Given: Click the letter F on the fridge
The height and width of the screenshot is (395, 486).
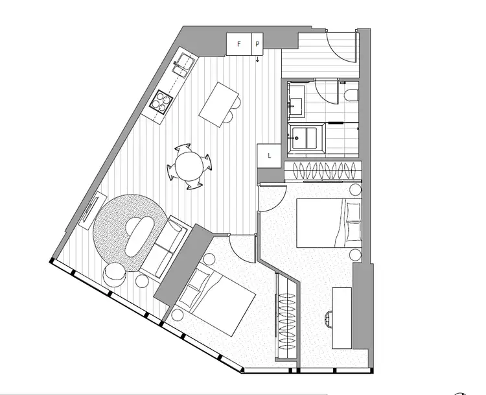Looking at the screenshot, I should point(238,44).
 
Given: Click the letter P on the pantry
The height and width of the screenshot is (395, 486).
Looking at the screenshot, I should point(257,44).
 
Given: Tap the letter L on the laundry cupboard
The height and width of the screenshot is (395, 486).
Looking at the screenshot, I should point(268,156).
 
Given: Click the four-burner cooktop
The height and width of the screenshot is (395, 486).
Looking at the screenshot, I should point(161,101).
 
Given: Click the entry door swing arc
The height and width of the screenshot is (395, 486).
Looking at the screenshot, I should point(340,45).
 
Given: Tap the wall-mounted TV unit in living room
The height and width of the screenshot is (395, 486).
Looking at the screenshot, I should point(89,209).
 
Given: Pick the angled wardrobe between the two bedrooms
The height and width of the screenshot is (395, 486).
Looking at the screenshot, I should point(286,315).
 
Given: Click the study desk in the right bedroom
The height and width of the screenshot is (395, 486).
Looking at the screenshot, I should point(342,316).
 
